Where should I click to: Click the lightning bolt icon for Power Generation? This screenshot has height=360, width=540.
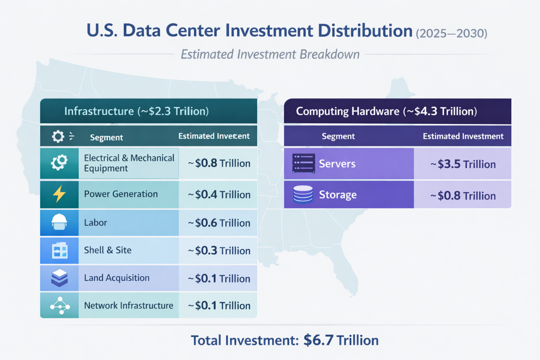[59, 194]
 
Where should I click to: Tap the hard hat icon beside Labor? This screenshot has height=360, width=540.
[59, 222]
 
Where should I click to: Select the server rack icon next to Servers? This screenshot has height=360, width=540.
[303, 164]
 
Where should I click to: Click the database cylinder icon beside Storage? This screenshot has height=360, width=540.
[303, 194]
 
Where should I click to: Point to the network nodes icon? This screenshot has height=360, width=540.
[60, 305]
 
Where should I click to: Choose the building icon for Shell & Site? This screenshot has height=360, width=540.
[60, 250]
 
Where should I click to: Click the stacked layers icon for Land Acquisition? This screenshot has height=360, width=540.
[59, 278]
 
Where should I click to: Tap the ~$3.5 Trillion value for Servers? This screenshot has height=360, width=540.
[463, 164]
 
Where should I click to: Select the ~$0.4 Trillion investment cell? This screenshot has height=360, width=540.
[219, 194]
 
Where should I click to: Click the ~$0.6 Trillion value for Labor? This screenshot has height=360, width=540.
[219, 222]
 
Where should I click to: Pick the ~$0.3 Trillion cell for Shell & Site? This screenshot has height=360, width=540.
[219, 250]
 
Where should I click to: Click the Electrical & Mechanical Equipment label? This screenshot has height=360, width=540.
[129, 163]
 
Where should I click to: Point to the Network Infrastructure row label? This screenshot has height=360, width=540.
[128, 306]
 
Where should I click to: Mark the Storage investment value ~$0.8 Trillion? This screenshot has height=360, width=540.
[463, 196]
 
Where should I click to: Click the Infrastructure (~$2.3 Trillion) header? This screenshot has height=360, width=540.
[136, 111]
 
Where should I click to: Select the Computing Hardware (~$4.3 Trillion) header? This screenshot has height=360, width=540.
[387, 111]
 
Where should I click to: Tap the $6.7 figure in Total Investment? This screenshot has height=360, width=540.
[318, 340]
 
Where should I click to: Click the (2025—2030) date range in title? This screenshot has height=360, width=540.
[451, 33]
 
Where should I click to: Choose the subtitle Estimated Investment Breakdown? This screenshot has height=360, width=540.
[270, 54]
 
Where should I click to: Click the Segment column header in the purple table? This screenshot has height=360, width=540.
[338, 136]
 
